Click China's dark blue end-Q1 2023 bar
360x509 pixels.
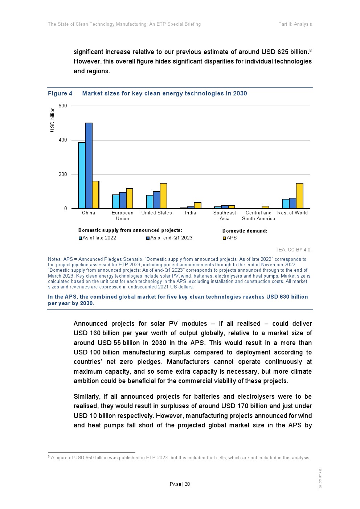[x=89, y=166]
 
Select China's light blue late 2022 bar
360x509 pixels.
[x=82, y=176]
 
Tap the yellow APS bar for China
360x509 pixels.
[x=95, y=195]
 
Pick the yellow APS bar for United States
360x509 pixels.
[x=163, y=196]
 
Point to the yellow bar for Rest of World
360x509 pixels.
[x=299, y=196]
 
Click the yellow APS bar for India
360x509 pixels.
[x=197, y=205]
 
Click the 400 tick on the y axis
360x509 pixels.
[x=63, y=140]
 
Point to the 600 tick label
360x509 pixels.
[x=63, y=106]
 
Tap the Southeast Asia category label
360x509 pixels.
[x=224, y=215]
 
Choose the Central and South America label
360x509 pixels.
[x=258, y=215]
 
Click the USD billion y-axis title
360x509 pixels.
[x=53, y=120]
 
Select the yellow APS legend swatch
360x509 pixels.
[x=224, y=238]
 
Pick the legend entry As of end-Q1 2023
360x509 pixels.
[x=171, y=238]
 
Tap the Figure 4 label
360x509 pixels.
[x=60, y=94]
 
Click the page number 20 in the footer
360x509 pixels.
[x=187, y=484]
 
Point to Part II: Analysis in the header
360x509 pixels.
[x=295, y=24]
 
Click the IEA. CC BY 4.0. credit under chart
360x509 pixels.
[x=294, y=250]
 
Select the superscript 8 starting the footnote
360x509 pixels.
[x=49, y=457]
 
